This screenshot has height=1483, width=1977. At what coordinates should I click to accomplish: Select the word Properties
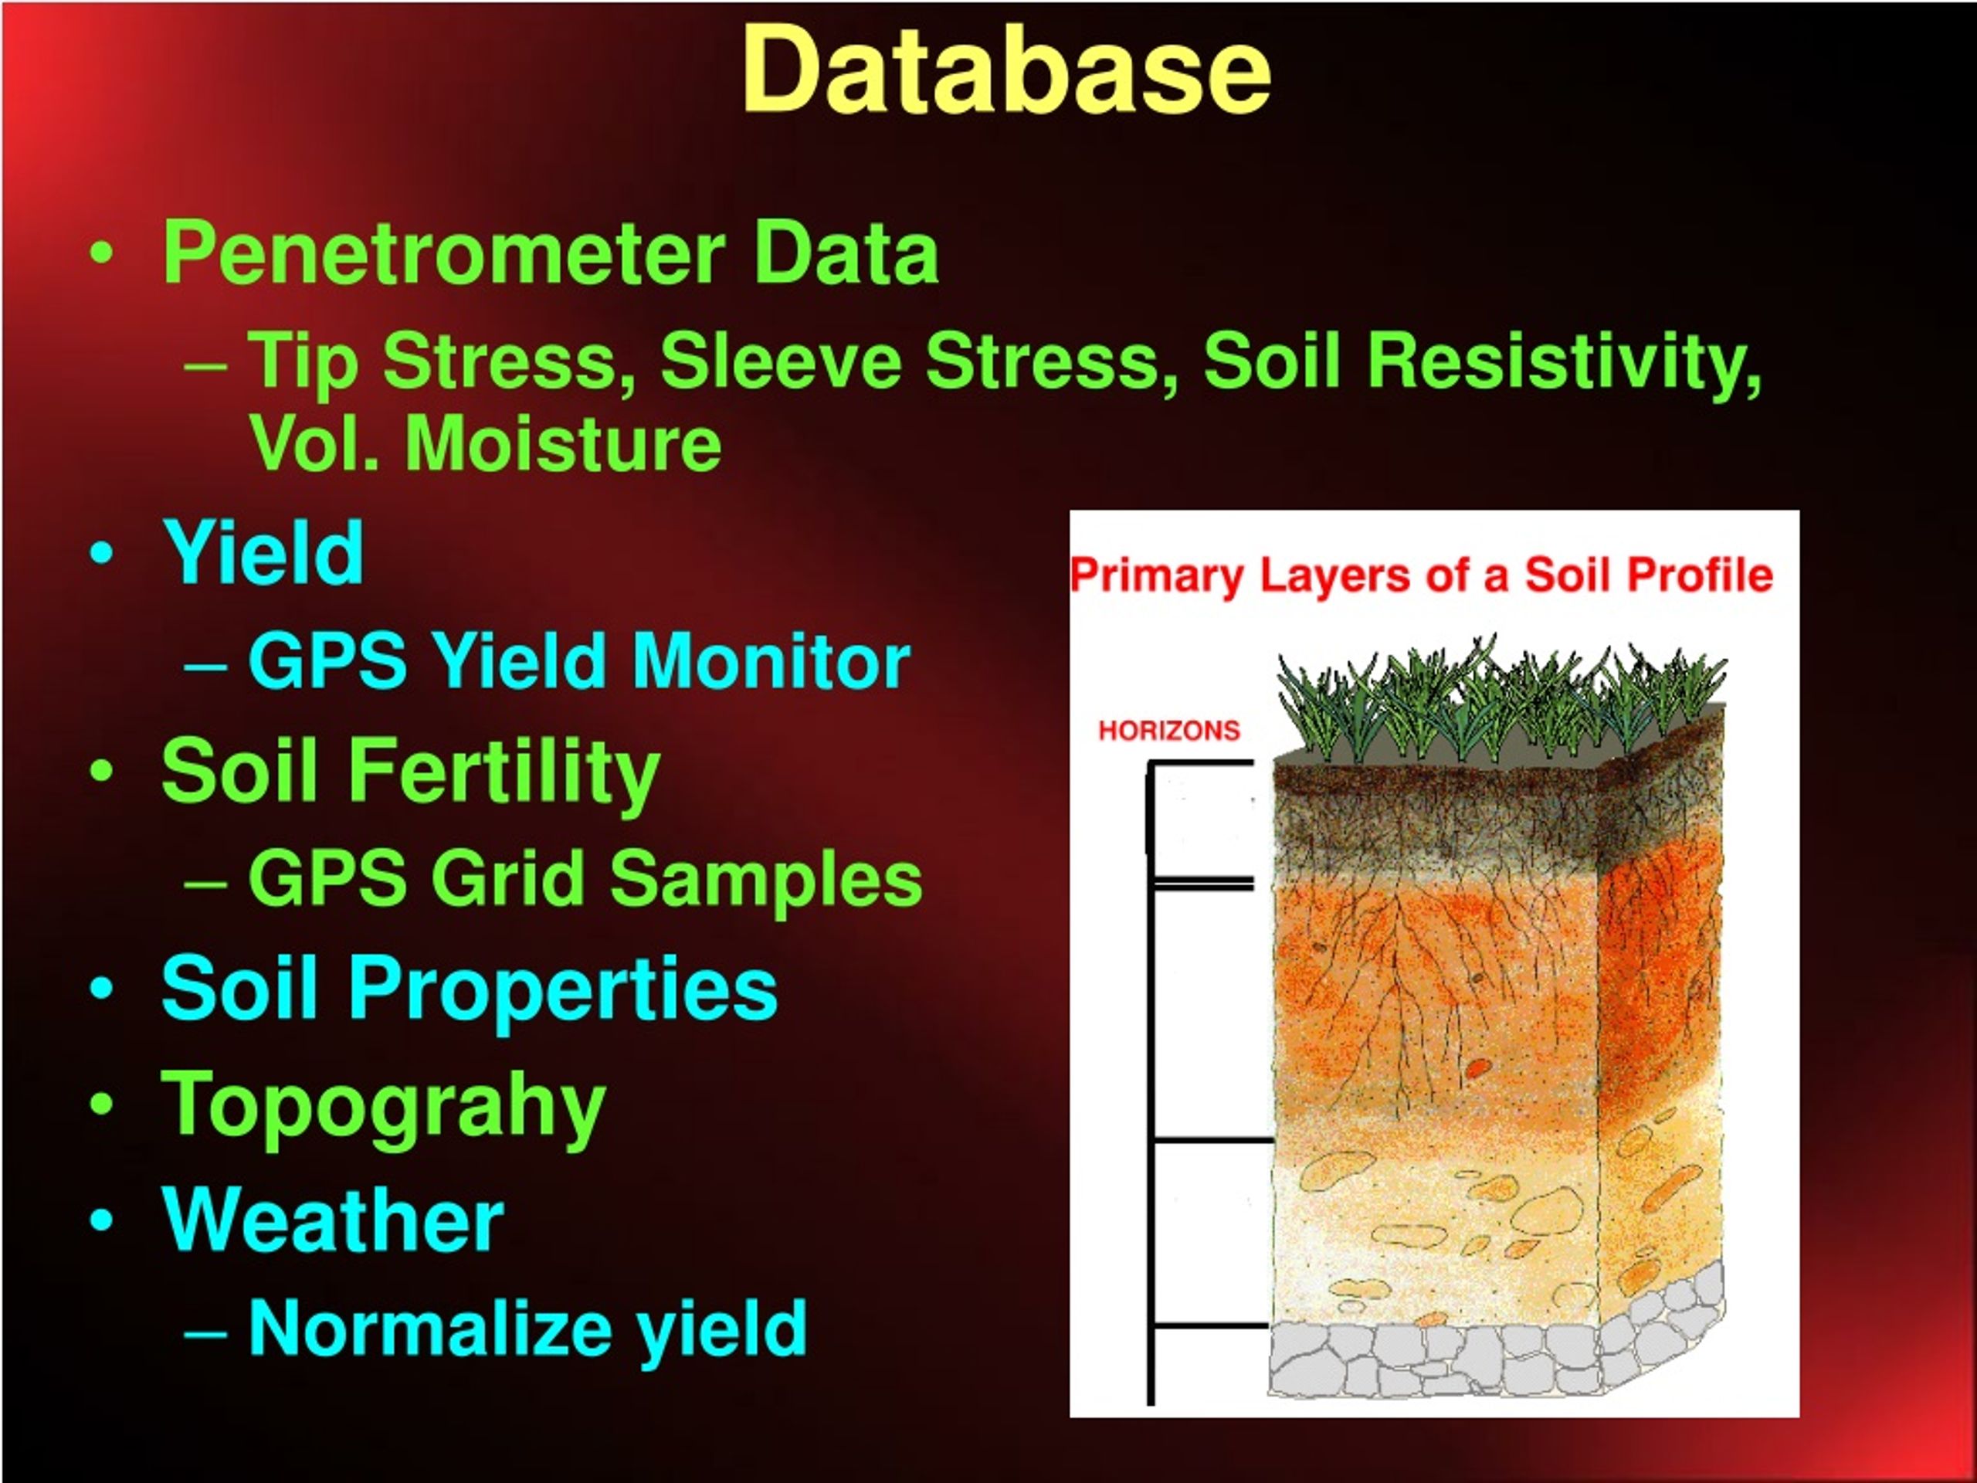[563, 990]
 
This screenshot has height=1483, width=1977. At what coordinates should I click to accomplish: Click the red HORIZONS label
[1169, 731]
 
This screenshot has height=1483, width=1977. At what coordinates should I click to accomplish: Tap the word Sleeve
[780, 362]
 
